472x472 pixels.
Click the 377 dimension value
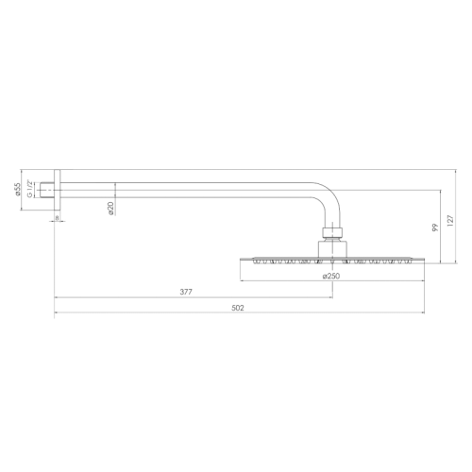(186, 292)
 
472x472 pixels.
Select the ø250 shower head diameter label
(331, 276)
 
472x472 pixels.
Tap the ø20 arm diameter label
(110, 210)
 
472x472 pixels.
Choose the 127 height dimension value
(452, 220)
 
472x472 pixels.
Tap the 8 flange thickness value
(56, 218)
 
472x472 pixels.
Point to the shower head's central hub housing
(331, 247)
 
